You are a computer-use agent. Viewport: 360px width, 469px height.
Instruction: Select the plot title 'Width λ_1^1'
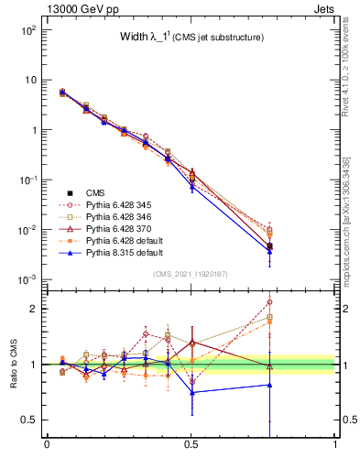point(180,38)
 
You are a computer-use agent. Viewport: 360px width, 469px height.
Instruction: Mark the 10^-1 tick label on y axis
point(27,180)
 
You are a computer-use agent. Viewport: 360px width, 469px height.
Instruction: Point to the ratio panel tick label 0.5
point(31,420)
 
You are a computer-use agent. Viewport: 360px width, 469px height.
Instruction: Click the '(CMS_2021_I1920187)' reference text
point(191,274)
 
